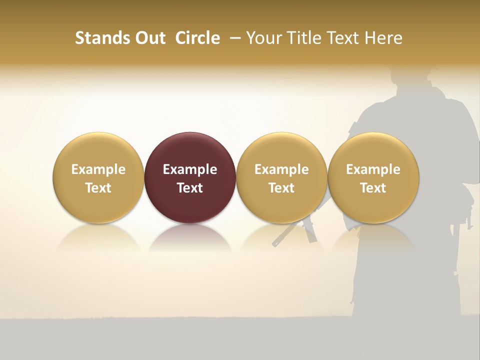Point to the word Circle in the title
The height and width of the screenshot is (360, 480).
pos(197,38)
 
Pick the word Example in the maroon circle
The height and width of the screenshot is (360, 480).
pos(190,169)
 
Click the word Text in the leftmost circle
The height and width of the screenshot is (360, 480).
pos(98,188)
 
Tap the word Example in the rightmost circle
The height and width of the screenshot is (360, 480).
pos(373,169)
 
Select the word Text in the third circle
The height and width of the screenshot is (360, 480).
pos(281,188)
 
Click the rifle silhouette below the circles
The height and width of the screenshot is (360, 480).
pos(295,233)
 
